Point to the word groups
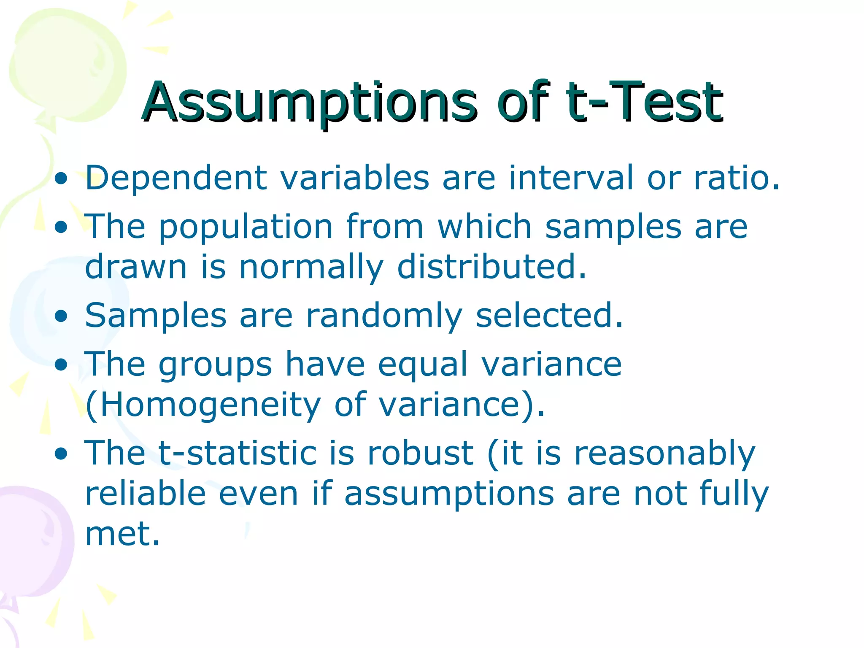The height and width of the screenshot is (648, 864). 215,365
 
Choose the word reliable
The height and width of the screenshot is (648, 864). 146,494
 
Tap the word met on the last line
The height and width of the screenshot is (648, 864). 122,534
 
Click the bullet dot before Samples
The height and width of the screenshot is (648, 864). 61,316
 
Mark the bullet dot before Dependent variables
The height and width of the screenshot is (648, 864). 61,178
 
